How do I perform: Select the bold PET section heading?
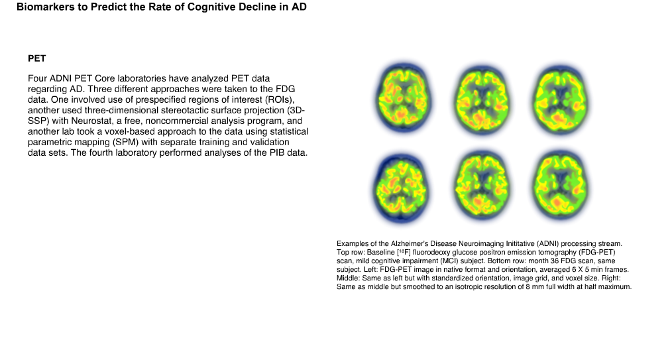[x=37, y=59]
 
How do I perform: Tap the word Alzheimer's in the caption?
[x=410, y=244]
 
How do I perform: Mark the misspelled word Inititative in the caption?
[x=520, y=244]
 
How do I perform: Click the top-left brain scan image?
[x=404, y=98]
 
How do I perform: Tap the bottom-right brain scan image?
[x=560, y=186]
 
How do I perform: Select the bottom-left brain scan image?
[x=401, y=188]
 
